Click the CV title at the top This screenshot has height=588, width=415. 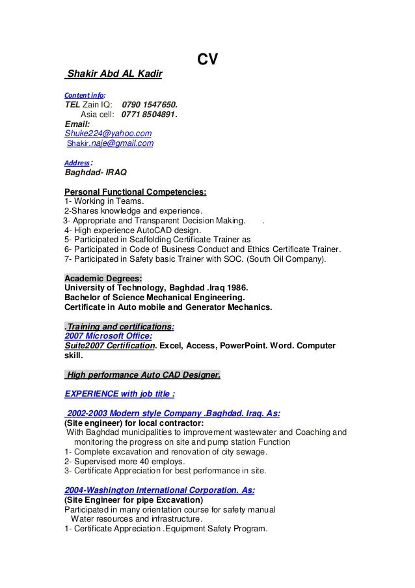click(x=207, y=60)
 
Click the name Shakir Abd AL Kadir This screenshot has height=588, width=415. click(x=114, y=74)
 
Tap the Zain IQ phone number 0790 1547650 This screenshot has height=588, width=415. click(x=149, y=104)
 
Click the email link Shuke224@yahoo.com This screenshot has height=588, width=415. click(x=108, y=133)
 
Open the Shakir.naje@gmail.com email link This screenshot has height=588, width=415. click(x=111, y=143)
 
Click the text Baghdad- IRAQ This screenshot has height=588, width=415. click(x=96, y=173)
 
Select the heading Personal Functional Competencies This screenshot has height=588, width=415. click(x=135, y=192)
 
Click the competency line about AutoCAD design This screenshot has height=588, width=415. click(x=133, y=231)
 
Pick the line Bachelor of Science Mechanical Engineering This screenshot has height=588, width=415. click(x=158, y=298)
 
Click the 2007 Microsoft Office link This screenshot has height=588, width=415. click(x=108, y=336)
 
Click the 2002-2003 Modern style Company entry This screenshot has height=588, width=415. click(x=173, y=413)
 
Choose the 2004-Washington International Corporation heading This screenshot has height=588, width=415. click(x=159, y=490)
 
